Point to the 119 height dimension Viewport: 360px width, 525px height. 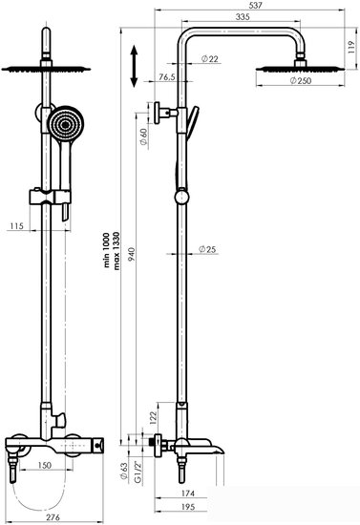tap(349, 41)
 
